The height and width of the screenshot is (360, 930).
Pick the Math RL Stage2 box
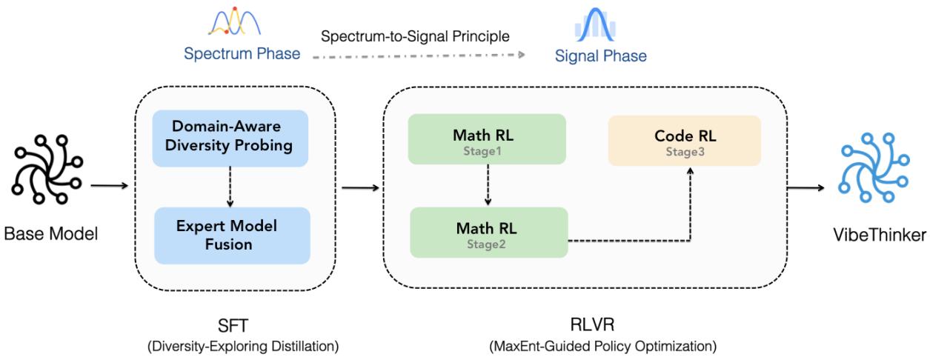[x=488, y=233]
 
